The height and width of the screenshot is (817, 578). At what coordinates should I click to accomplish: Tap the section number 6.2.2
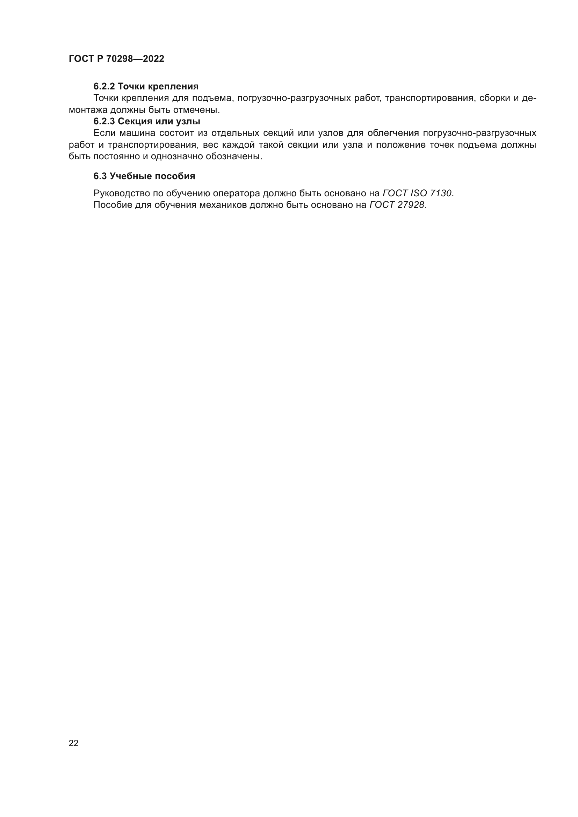[104, 87]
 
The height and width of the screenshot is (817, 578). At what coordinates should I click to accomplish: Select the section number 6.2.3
[104, 121]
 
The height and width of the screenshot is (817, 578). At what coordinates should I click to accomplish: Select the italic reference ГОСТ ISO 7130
[417, 193]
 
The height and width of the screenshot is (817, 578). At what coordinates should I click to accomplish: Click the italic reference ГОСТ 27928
[397, 205]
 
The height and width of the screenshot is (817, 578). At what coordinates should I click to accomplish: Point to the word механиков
[223, 205]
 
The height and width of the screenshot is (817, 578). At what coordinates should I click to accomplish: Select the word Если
[104, 133]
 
